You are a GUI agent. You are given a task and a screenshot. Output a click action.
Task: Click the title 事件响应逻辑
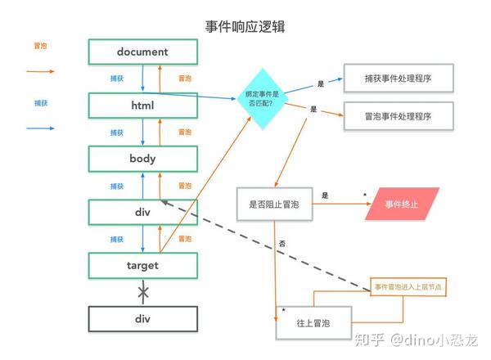coord(245,27)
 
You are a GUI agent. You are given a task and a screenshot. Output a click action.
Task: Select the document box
coord(142,52)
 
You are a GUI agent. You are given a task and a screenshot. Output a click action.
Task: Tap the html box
coord(142,106)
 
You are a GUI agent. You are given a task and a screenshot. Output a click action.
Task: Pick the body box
coord(142,159)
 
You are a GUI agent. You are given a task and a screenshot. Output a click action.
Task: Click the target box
coord(142,266)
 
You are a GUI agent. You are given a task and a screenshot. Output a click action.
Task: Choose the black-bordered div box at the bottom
coord(142,319)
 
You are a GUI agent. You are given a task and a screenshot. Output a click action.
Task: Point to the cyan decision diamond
coord(263,99)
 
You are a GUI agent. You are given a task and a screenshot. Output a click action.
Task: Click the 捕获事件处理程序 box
coord(399,79)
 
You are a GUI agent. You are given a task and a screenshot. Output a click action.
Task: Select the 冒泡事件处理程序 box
coord(399,116)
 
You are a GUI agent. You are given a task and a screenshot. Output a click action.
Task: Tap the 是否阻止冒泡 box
coord(274,205)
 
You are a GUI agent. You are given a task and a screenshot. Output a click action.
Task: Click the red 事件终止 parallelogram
coord(402,204)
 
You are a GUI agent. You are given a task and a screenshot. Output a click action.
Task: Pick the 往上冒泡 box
coord(313,322)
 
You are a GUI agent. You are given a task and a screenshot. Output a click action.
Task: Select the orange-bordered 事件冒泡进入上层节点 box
coord(408,286)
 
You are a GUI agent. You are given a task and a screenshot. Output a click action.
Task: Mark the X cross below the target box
coord(143,292)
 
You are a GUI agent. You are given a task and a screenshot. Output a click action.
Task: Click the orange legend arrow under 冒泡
coord(40,71)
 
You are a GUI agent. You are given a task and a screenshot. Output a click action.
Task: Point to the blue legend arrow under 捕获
coord(40,128)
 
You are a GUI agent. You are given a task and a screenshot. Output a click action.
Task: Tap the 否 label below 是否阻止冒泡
coord(282,244)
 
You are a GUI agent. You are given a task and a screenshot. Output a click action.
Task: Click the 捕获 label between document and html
coord(117,79)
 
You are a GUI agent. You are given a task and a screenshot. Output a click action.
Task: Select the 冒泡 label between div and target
coord(185,239)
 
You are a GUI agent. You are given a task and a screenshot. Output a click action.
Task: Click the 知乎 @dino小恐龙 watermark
coord(417,340)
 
